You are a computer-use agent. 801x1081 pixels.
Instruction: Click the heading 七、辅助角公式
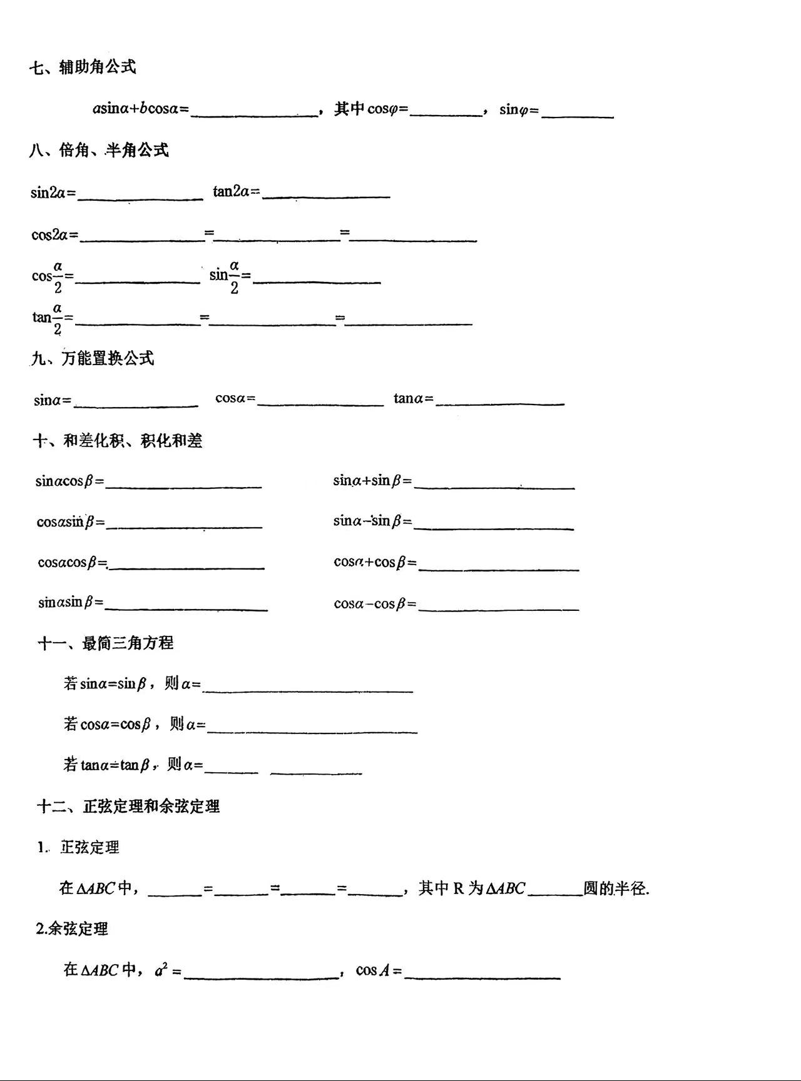pyautogui.click(x=83, y=67)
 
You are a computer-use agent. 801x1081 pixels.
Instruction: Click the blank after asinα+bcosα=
pyautogui.click(x=254, y=111)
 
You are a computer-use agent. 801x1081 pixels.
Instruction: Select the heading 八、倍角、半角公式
pyautogui.click(x=99, y=150)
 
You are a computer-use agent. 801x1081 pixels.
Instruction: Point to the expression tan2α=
pyautogui.click(x=236, y=191)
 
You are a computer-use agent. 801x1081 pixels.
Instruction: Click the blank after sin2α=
pyautogui.click(x=140, y=195)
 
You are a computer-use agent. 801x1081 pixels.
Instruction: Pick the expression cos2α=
pyautogui.click(x=55, y=235)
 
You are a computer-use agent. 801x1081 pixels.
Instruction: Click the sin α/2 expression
pyautogui.click(x=230, y=276)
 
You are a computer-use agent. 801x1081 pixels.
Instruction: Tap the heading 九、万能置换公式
pyautogui.click(x=93, y=358)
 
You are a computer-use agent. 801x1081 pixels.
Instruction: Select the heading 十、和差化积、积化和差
pyautogui.click(x=118, y=441)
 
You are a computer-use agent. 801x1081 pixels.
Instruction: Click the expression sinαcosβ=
pyautogui.click(x=69, y=481)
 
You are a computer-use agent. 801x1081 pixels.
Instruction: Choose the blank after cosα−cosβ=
pyautogui.click(x=499, y=605)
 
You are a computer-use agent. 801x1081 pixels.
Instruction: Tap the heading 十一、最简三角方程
pyautogui.click(x=105, y=643)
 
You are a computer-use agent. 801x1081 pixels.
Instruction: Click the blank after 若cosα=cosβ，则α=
pyautogui.click(x=312, y=728)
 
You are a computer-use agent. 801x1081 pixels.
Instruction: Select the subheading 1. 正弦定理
pyautogui.click(x=78, y=848)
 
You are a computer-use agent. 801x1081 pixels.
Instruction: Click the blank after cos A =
pyautogui.click(x=482, y=973)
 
